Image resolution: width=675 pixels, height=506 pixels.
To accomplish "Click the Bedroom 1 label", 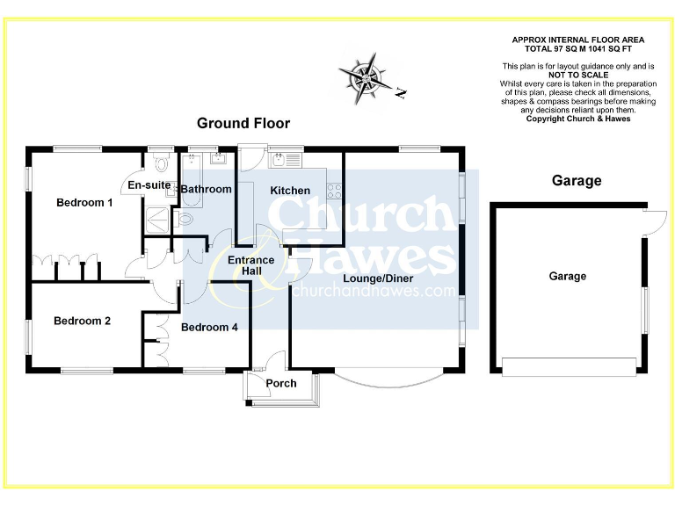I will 84,203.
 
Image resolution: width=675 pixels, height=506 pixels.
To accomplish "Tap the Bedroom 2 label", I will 82,321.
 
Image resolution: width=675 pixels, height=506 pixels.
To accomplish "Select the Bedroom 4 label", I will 209,327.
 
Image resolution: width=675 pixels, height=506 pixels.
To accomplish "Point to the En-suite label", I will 149,185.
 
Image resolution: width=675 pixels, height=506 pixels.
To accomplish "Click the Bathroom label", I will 206,189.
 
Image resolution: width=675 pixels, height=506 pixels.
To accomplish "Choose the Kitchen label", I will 289,191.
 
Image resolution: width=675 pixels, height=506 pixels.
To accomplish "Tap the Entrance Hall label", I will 251,265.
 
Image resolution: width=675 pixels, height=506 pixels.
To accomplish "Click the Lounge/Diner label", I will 378,278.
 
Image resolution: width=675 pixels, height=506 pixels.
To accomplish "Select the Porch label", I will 281,383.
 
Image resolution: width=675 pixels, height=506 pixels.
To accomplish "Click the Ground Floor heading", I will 243,123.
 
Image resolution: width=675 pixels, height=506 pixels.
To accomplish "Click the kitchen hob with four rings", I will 335,189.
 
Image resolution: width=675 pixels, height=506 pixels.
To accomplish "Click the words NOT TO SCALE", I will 577,76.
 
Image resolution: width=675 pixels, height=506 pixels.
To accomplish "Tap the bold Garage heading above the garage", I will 576,181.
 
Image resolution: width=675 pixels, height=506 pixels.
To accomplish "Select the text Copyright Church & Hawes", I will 577,119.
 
